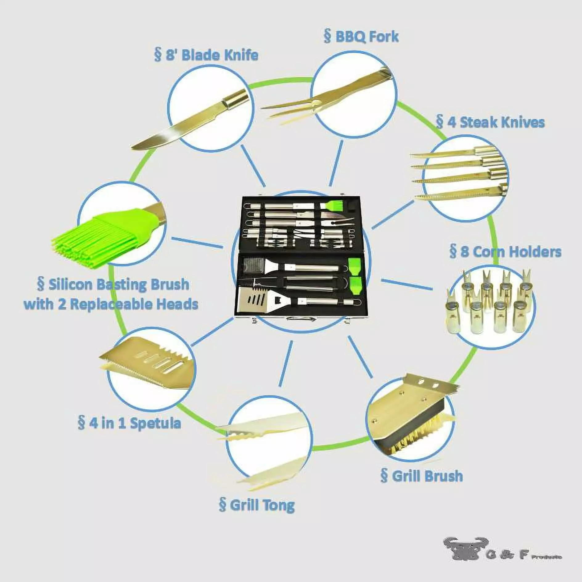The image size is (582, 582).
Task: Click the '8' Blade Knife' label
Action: point(206,55)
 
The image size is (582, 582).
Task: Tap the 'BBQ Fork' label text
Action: point(361,37)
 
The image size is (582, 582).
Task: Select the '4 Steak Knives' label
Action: point(490,122)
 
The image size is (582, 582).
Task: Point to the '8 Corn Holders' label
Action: point(505,252)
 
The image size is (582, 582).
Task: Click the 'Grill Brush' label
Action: point(422,476)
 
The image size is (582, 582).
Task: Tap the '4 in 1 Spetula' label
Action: point(129,423)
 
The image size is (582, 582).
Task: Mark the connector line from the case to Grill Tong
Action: point(286,364)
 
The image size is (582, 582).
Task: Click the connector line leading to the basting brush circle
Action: point(197,242)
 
